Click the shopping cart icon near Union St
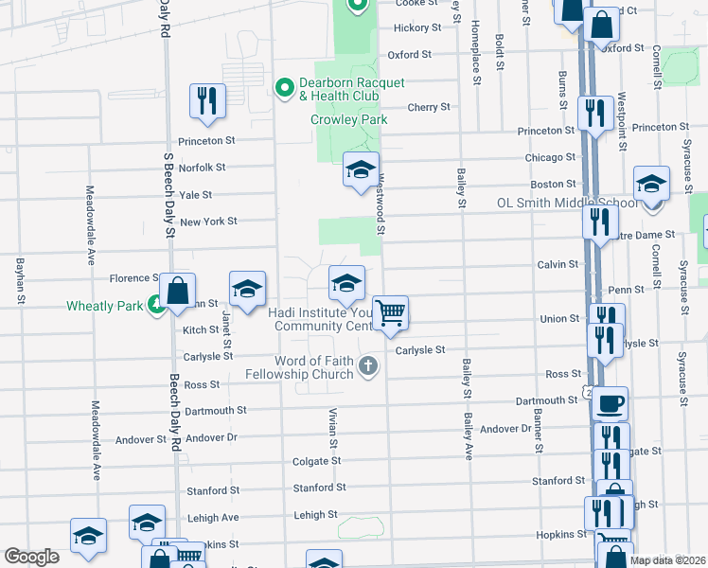pos(390,311)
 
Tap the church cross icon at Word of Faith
pos(369,367)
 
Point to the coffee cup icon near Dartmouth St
pos(610,402)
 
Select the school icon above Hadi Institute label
pos(345,281)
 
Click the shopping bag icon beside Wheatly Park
pos(177,290)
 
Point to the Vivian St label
pos(333,429)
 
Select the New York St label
pos(207,222)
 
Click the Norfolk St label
pos(202,168)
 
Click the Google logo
pos(32,557)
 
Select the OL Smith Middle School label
pos(567,204)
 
